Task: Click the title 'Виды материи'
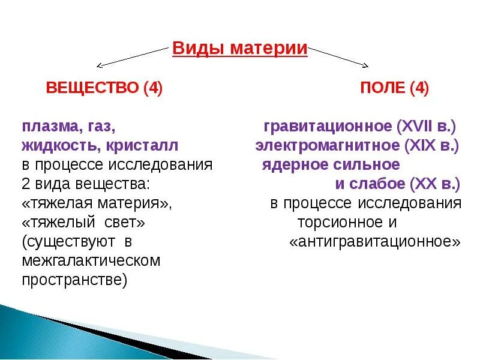point(240,49)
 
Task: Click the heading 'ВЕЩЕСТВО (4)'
point(104,88)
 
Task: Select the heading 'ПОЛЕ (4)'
point(394,88)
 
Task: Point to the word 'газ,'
point(99,128)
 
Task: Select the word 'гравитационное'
point(328,127)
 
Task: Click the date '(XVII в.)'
point(427,127)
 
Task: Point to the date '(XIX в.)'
point(431,146)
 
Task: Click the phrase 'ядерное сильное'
point(331,164)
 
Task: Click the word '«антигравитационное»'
point(375,241)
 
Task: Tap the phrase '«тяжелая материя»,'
point(97,203)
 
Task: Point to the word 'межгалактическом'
point(91,260)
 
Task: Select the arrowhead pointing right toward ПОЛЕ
point(365,65)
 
